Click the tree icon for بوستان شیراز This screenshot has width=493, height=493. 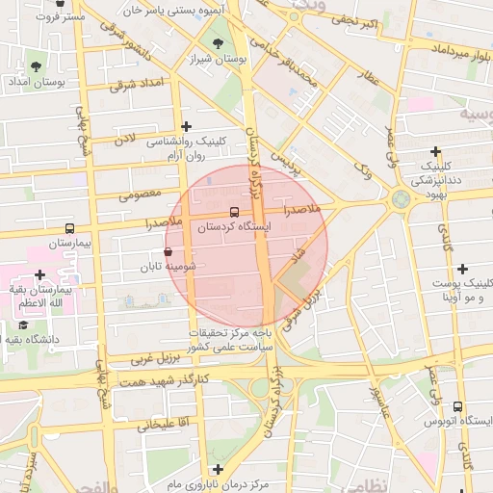tap(218, 43)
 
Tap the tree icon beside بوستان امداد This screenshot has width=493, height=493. tap(36, 66)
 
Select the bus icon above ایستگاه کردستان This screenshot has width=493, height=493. tap(234, 212)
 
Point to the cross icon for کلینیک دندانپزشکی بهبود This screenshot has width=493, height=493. tap(436, 151)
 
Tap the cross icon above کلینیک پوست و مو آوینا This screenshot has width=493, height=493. tap(463, 269)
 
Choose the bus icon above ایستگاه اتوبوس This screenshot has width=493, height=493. tap(457, 406)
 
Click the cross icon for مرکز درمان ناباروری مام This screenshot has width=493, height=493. tap(219, 468)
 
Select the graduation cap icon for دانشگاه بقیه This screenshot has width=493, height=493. tap(23, 324)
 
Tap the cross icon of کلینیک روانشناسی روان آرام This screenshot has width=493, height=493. tap(186, 126)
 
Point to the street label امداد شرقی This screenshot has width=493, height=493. tap(130, 85)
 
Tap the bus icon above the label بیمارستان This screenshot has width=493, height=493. tap(68, 229)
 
